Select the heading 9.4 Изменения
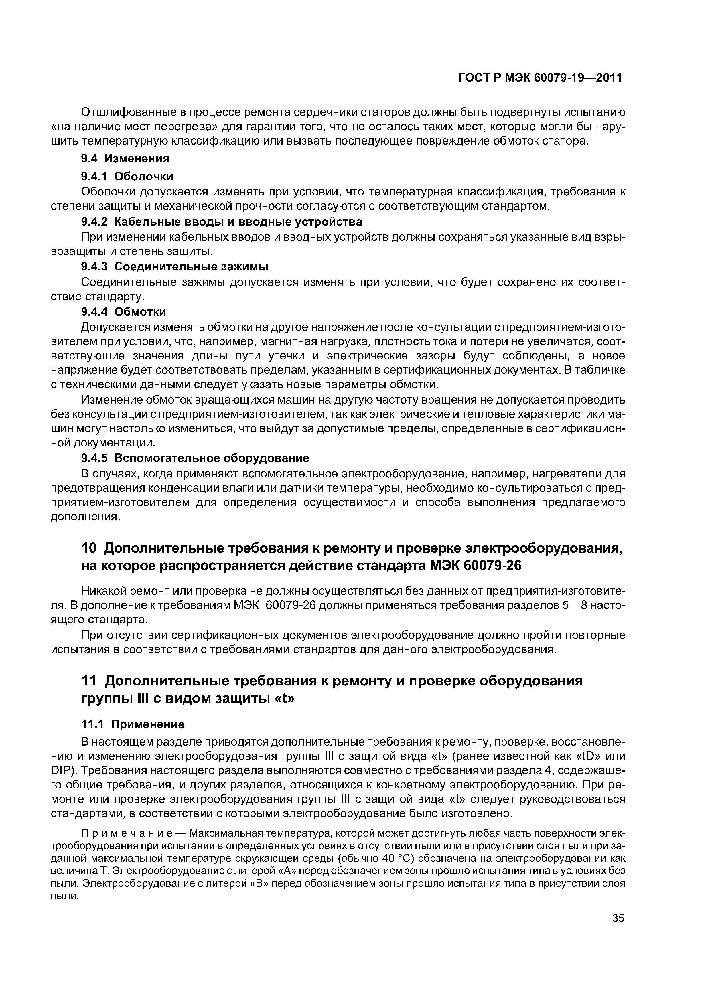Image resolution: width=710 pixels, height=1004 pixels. point(126,158)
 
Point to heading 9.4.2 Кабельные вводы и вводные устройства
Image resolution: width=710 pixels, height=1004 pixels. point(222,222)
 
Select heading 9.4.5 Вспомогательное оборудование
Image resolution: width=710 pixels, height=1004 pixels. point(196,458)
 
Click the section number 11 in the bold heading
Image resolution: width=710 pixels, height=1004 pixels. point(90,681)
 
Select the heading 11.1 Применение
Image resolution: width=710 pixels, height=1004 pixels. point(133,724)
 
